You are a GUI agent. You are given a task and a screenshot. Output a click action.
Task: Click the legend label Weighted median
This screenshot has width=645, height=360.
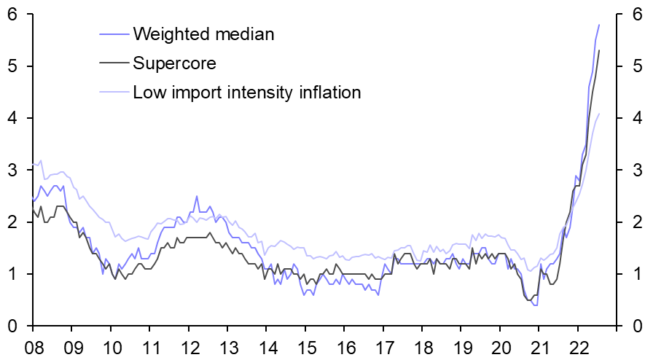pos(203,34)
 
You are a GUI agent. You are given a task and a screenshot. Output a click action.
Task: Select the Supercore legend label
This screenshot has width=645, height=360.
pos(174,63)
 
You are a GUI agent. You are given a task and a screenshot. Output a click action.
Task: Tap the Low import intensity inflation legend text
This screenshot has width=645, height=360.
pos(247,93)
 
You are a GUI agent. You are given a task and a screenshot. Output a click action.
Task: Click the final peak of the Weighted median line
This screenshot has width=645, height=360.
pos(599,25)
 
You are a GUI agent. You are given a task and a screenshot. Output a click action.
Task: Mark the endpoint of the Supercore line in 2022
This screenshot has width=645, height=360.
pos(599,50)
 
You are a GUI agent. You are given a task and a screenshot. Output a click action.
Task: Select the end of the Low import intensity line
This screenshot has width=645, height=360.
pos(599,113)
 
